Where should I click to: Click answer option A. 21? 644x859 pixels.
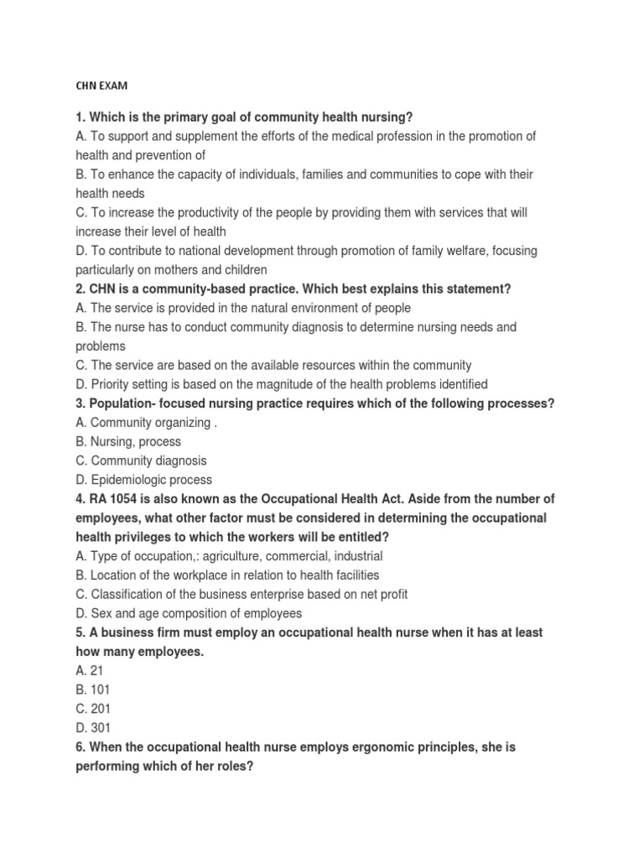[88, 670]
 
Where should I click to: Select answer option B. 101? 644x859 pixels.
[91, 690]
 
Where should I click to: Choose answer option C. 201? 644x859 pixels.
[92, 709]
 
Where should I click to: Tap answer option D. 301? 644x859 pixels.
[92, 728]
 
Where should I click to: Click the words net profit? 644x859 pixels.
[380, 594]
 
